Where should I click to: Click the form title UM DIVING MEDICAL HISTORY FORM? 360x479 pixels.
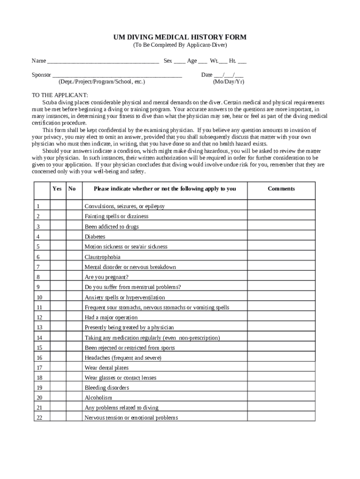[x=180, y=37]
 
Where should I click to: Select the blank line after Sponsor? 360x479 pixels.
[x=117, y=75]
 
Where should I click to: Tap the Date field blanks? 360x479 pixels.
[x=229, y=75]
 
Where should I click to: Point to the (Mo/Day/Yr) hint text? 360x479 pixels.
[x=228, y=82]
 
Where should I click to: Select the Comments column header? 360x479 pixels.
[x=281, y=189]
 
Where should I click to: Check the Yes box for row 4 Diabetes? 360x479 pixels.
[x=58, y=237]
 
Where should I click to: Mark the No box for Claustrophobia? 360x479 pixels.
[x=73, y=257]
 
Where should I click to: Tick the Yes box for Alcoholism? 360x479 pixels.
[x=58, y=398]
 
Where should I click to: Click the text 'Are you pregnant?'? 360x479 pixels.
[x=106, y=277]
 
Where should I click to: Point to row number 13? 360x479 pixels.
[x=39, y=327]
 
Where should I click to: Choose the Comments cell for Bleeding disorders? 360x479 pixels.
[x=281, y=388]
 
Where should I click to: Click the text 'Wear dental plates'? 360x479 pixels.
[x=106, y=368]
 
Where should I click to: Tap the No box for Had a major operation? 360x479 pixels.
[x=73, y=317]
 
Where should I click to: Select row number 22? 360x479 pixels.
[x=39, y=418]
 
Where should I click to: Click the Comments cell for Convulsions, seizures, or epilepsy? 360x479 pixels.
[x=281, y=206]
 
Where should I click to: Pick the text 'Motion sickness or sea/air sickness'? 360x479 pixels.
[x=126, y=247]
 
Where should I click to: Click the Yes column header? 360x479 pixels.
[x=57, y=189]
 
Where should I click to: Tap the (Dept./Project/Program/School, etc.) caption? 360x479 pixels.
[x=101, y=82]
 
